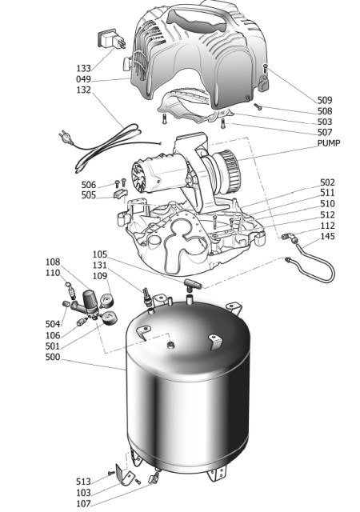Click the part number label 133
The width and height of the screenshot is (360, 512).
pos(83,68)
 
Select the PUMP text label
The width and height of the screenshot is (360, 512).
pos(329,143)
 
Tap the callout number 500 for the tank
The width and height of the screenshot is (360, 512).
pos(53,357)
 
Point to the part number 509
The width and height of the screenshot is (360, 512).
pos(325,100)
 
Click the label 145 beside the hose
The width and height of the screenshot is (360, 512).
pos(328,236)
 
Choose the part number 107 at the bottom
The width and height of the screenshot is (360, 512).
pos(83,503)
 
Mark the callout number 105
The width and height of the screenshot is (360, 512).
pos(100,254)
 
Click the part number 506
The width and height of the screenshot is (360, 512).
pos(89,185)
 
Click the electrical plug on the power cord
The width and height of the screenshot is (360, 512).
pos(65,137)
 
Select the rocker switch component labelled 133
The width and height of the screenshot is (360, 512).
pos(111,40)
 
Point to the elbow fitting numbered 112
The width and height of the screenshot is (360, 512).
pos(289,237)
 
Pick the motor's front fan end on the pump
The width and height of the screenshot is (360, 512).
pos(141,177)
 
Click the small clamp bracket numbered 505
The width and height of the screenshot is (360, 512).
pos(119,194)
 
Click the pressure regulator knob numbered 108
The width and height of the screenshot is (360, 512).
pos(90,301)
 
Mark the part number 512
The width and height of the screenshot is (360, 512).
pos(328,214)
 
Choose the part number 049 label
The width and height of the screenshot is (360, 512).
pos(83,79)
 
